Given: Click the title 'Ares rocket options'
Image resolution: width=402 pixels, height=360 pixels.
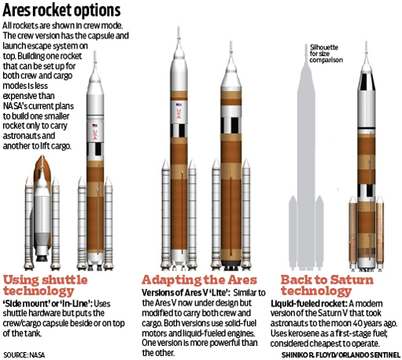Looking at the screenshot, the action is coord(61,10).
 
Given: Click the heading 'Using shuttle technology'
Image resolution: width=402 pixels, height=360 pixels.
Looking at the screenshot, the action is coord(45,285).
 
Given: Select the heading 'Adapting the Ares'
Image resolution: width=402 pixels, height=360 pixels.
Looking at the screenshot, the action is coord(199,280).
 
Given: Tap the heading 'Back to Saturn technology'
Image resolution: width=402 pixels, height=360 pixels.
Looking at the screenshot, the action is coord(327,285).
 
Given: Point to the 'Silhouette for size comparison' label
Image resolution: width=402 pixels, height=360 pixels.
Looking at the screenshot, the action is coord(326,53).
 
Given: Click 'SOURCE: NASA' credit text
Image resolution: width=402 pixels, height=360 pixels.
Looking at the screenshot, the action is coord(24,355).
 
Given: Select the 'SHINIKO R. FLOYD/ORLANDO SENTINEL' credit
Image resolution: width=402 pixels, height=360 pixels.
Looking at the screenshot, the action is coord(341,355).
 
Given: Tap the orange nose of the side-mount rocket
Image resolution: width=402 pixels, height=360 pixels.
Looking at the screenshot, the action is coord(42,167).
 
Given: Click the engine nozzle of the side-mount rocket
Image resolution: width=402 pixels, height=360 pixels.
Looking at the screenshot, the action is coord(42,257).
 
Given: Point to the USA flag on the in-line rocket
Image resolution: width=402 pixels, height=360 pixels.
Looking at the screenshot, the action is coord(95,126).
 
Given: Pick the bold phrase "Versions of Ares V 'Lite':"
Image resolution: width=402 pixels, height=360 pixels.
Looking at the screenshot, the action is coord(186,292).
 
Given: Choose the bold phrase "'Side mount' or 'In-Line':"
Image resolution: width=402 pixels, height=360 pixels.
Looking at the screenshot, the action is coord(47,303).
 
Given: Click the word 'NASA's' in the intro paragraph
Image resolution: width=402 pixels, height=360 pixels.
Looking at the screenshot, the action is coord(15,106).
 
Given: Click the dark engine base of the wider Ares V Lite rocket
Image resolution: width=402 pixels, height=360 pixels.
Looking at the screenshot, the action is coord(231,264).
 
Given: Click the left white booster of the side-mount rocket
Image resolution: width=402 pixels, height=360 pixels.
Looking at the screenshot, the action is coord(29,223).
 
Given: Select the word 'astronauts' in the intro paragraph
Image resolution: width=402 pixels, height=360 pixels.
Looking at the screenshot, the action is coord(29,136).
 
